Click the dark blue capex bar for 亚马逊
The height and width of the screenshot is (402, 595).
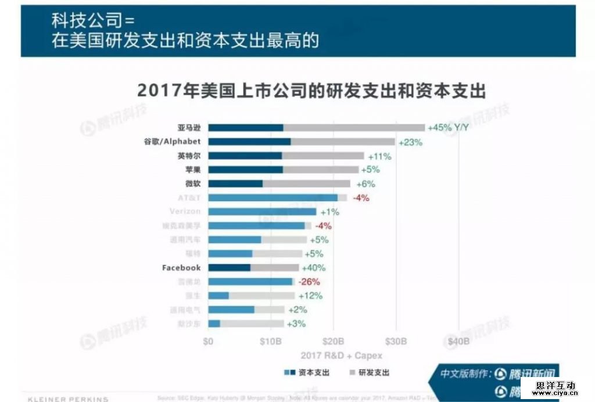point(246,128)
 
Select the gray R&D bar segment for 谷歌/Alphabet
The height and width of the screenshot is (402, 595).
point(343,142)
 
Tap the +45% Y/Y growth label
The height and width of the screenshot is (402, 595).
point(448,128)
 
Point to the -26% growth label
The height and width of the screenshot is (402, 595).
point(309,282)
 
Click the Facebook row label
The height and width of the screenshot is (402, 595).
point(181,268)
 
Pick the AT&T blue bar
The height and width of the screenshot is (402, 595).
point(273,198)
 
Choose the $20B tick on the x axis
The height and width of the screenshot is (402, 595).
point(334,342)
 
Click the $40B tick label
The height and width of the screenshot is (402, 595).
point(458,342)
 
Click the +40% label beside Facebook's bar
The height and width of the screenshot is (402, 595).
point(314,268)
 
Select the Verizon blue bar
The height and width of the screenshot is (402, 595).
point(262,212)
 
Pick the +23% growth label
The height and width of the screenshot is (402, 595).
point(410,142)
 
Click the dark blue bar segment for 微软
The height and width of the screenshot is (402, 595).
point(235,184)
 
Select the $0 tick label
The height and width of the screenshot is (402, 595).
point(208,342)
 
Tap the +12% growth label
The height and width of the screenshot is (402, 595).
point(310,296)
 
